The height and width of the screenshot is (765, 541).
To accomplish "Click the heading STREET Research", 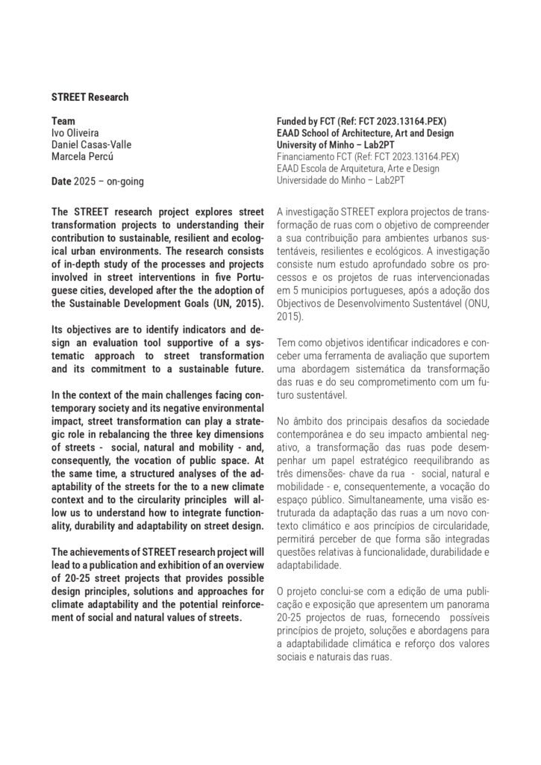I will point(90,97).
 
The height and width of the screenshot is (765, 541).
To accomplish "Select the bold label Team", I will point(63,120).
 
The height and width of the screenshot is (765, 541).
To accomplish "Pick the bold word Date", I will point(61,181).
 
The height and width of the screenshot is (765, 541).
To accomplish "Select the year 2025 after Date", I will point(84,181).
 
